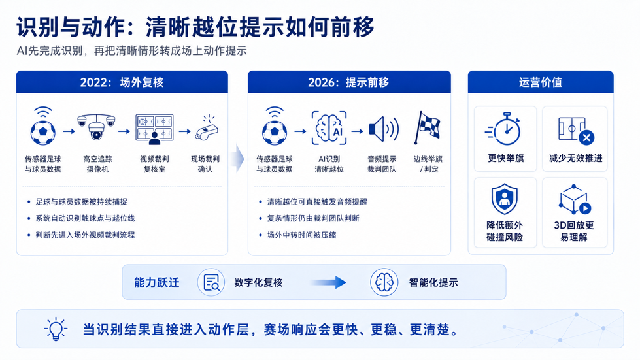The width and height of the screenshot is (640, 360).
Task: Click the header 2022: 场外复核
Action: (122, 82)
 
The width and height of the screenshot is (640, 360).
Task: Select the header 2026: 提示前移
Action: (348, 82)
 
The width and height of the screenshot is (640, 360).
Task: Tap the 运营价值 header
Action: (541, 82)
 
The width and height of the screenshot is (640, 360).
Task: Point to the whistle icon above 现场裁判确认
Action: (207, 128)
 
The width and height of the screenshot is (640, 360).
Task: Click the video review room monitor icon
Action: (154, 129)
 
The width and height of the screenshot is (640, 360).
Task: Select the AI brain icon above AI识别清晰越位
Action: (329, 128)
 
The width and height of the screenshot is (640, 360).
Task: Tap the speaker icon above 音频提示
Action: (383, 129)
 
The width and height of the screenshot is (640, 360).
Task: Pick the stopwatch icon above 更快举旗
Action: (505, 129)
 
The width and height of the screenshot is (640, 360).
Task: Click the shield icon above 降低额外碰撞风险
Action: (505, 199)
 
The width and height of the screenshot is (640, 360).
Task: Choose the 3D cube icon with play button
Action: (574, 199)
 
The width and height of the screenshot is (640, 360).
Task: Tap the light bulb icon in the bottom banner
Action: (56, 329)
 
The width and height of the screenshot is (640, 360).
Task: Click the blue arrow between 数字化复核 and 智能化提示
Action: (328, 282)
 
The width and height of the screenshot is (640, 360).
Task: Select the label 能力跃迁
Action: (157, 282)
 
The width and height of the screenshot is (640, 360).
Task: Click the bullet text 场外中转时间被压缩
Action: (301, 235)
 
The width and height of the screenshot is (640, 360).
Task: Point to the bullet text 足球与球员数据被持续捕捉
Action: (81, 201)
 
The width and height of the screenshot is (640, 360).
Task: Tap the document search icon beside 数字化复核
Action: (211, 282)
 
